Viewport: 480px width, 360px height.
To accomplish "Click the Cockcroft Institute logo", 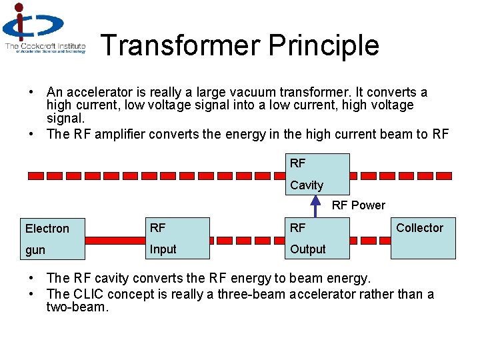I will coord(44,29).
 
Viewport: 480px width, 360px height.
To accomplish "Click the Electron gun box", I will coord(51,238).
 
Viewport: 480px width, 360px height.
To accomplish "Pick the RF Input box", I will coord(177,238).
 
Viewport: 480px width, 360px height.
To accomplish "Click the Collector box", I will coord(423,238).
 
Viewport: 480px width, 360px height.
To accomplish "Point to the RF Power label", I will coord(359,205).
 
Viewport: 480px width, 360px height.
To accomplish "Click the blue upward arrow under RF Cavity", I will coord(317,207).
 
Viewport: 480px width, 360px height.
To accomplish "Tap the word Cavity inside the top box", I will coord(307,185).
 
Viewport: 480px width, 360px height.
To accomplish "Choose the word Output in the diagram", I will coord(308,249).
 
